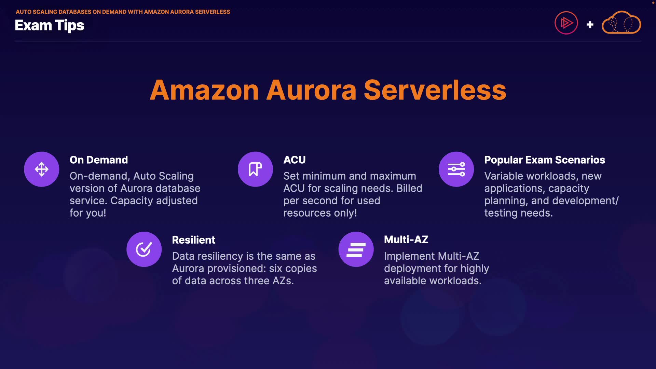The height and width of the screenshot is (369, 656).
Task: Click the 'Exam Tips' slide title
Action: tap(50, 26)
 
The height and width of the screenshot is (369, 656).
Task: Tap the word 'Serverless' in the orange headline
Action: tap(435, 90)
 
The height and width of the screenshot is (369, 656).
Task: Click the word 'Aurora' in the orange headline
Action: tap(311, 90)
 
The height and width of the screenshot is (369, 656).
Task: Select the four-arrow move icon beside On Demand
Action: tap(42, 169)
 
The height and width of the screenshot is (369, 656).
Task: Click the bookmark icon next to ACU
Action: tap(255, 169)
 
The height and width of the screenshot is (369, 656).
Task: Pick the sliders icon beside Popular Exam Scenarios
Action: tap(456, 169)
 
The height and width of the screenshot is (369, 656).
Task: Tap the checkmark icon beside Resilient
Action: tap(144, 249)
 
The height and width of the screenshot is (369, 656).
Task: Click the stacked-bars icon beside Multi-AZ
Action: tap(356, 249)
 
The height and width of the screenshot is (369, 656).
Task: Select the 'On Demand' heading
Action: tap(99, 160)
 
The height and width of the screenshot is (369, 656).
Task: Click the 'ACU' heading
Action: tap(295, 160)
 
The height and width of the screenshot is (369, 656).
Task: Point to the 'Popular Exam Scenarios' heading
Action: tap(545, 160)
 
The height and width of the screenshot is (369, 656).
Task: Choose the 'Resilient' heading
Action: tap(194, 240)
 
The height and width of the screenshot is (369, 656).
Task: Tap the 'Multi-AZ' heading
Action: tap(406, 240)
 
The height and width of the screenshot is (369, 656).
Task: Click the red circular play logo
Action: tap(566, 23)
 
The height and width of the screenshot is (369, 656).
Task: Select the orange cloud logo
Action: tap(621, 23)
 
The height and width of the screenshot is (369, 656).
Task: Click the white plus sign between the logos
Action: tap(590, 25)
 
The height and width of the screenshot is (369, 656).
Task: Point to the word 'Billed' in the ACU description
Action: tap(409, 188)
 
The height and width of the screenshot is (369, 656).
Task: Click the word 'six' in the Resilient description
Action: tap(276, 269)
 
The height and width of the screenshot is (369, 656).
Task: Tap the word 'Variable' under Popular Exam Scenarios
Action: tap(505, 176)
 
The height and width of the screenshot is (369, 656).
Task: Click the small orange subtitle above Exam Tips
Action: tap(123, 12)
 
